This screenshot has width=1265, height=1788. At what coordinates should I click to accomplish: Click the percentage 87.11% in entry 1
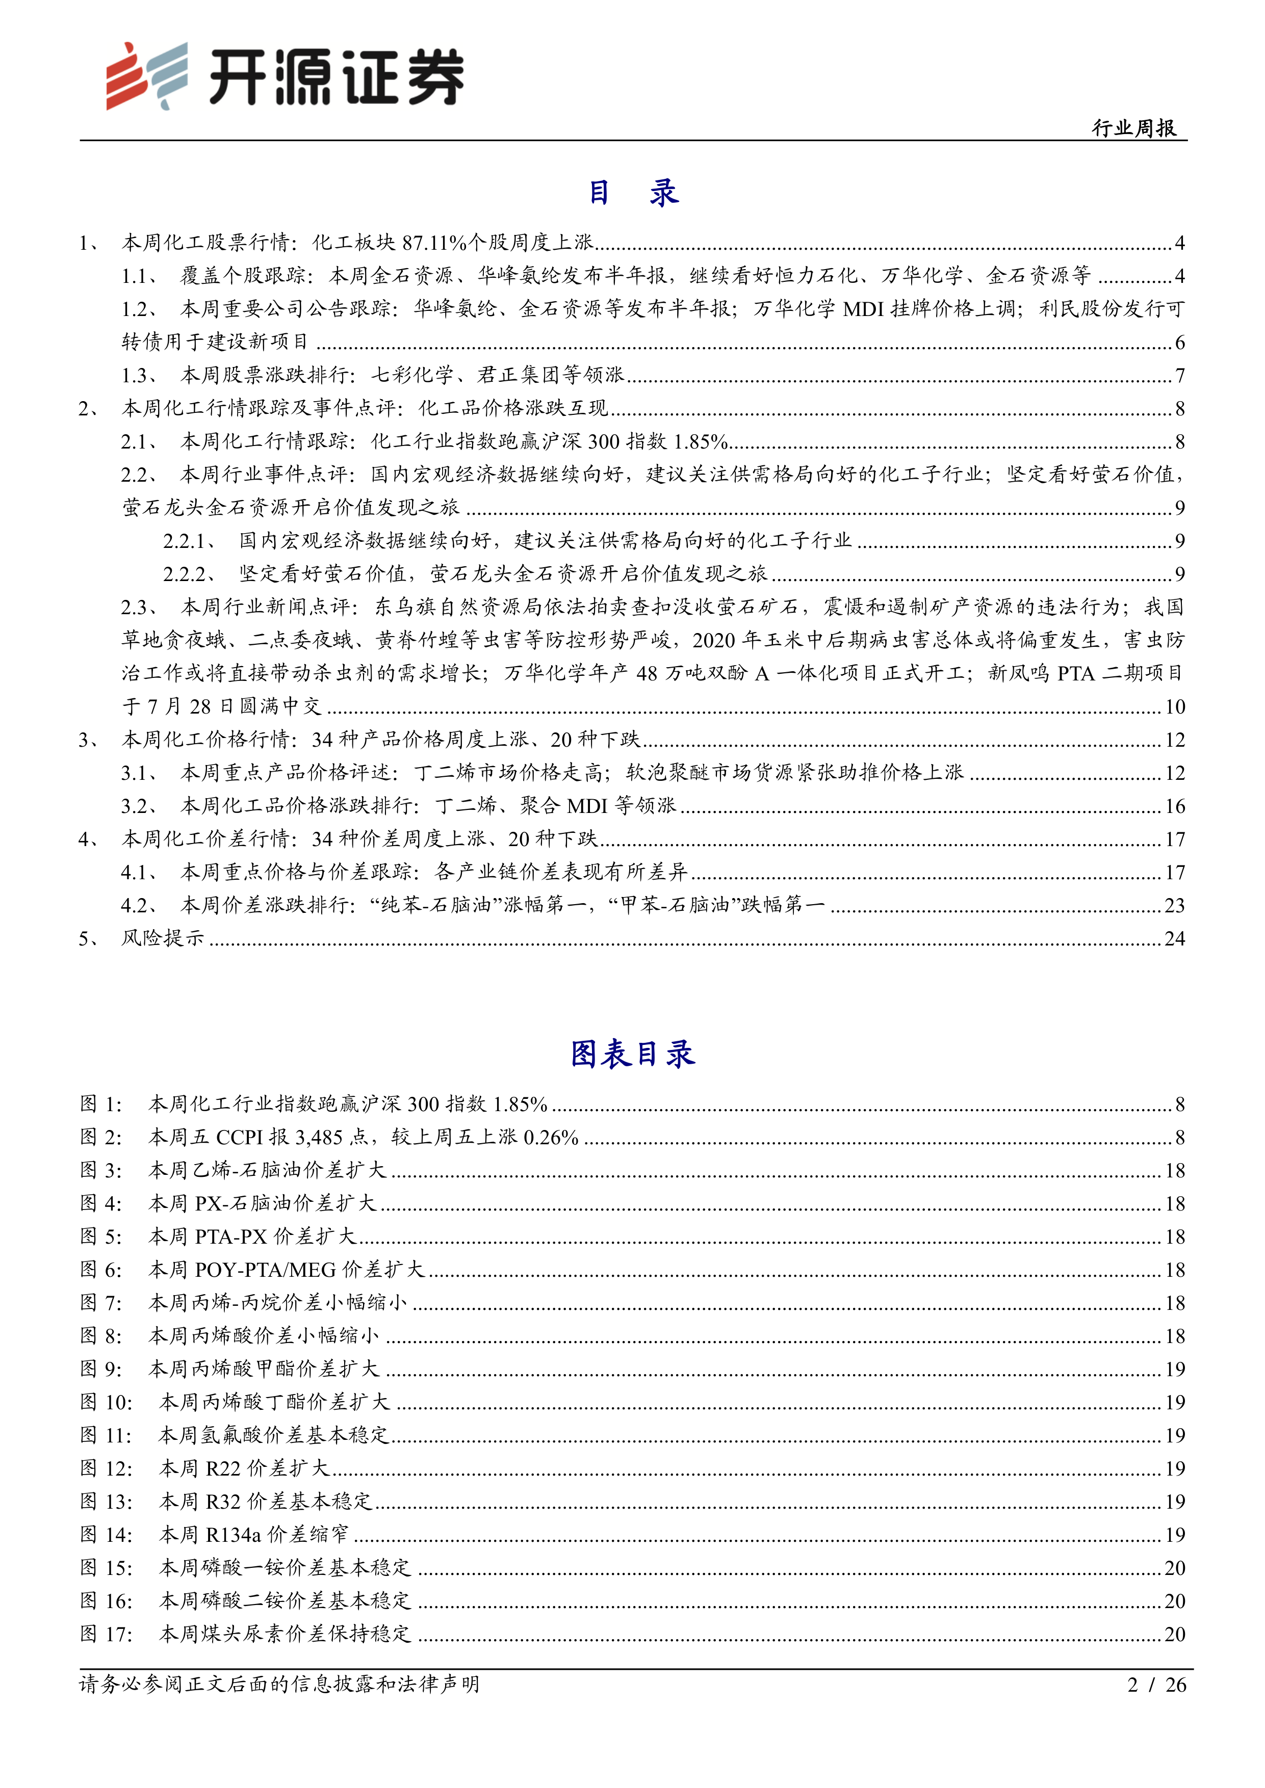pos(434,243)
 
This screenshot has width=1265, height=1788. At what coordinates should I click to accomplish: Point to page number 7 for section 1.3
pos(1179,375)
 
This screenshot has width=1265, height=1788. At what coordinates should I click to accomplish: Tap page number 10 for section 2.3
pos(1175,706)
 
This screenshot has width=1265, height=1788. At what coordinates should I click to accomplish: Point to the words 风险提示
pos(163,938)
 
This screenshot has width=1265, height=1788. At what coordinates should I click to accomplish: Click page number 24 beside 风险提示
pos(1175,938)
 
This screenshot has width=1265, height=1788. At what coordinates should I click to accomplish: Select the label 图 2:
pos(101,1137)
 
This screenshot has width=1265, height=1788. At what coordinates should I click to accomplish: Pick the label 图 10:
pos(106,1402)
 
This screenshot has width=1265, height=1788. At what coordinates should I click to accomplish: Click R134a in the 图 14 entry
pos(233,1534)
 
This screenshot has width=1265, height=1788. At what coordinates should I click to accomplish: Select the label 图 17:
pos(106,1634)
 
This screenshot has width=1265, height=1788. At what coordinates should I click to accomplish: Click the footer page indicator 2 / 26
pos(1157,1685)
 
